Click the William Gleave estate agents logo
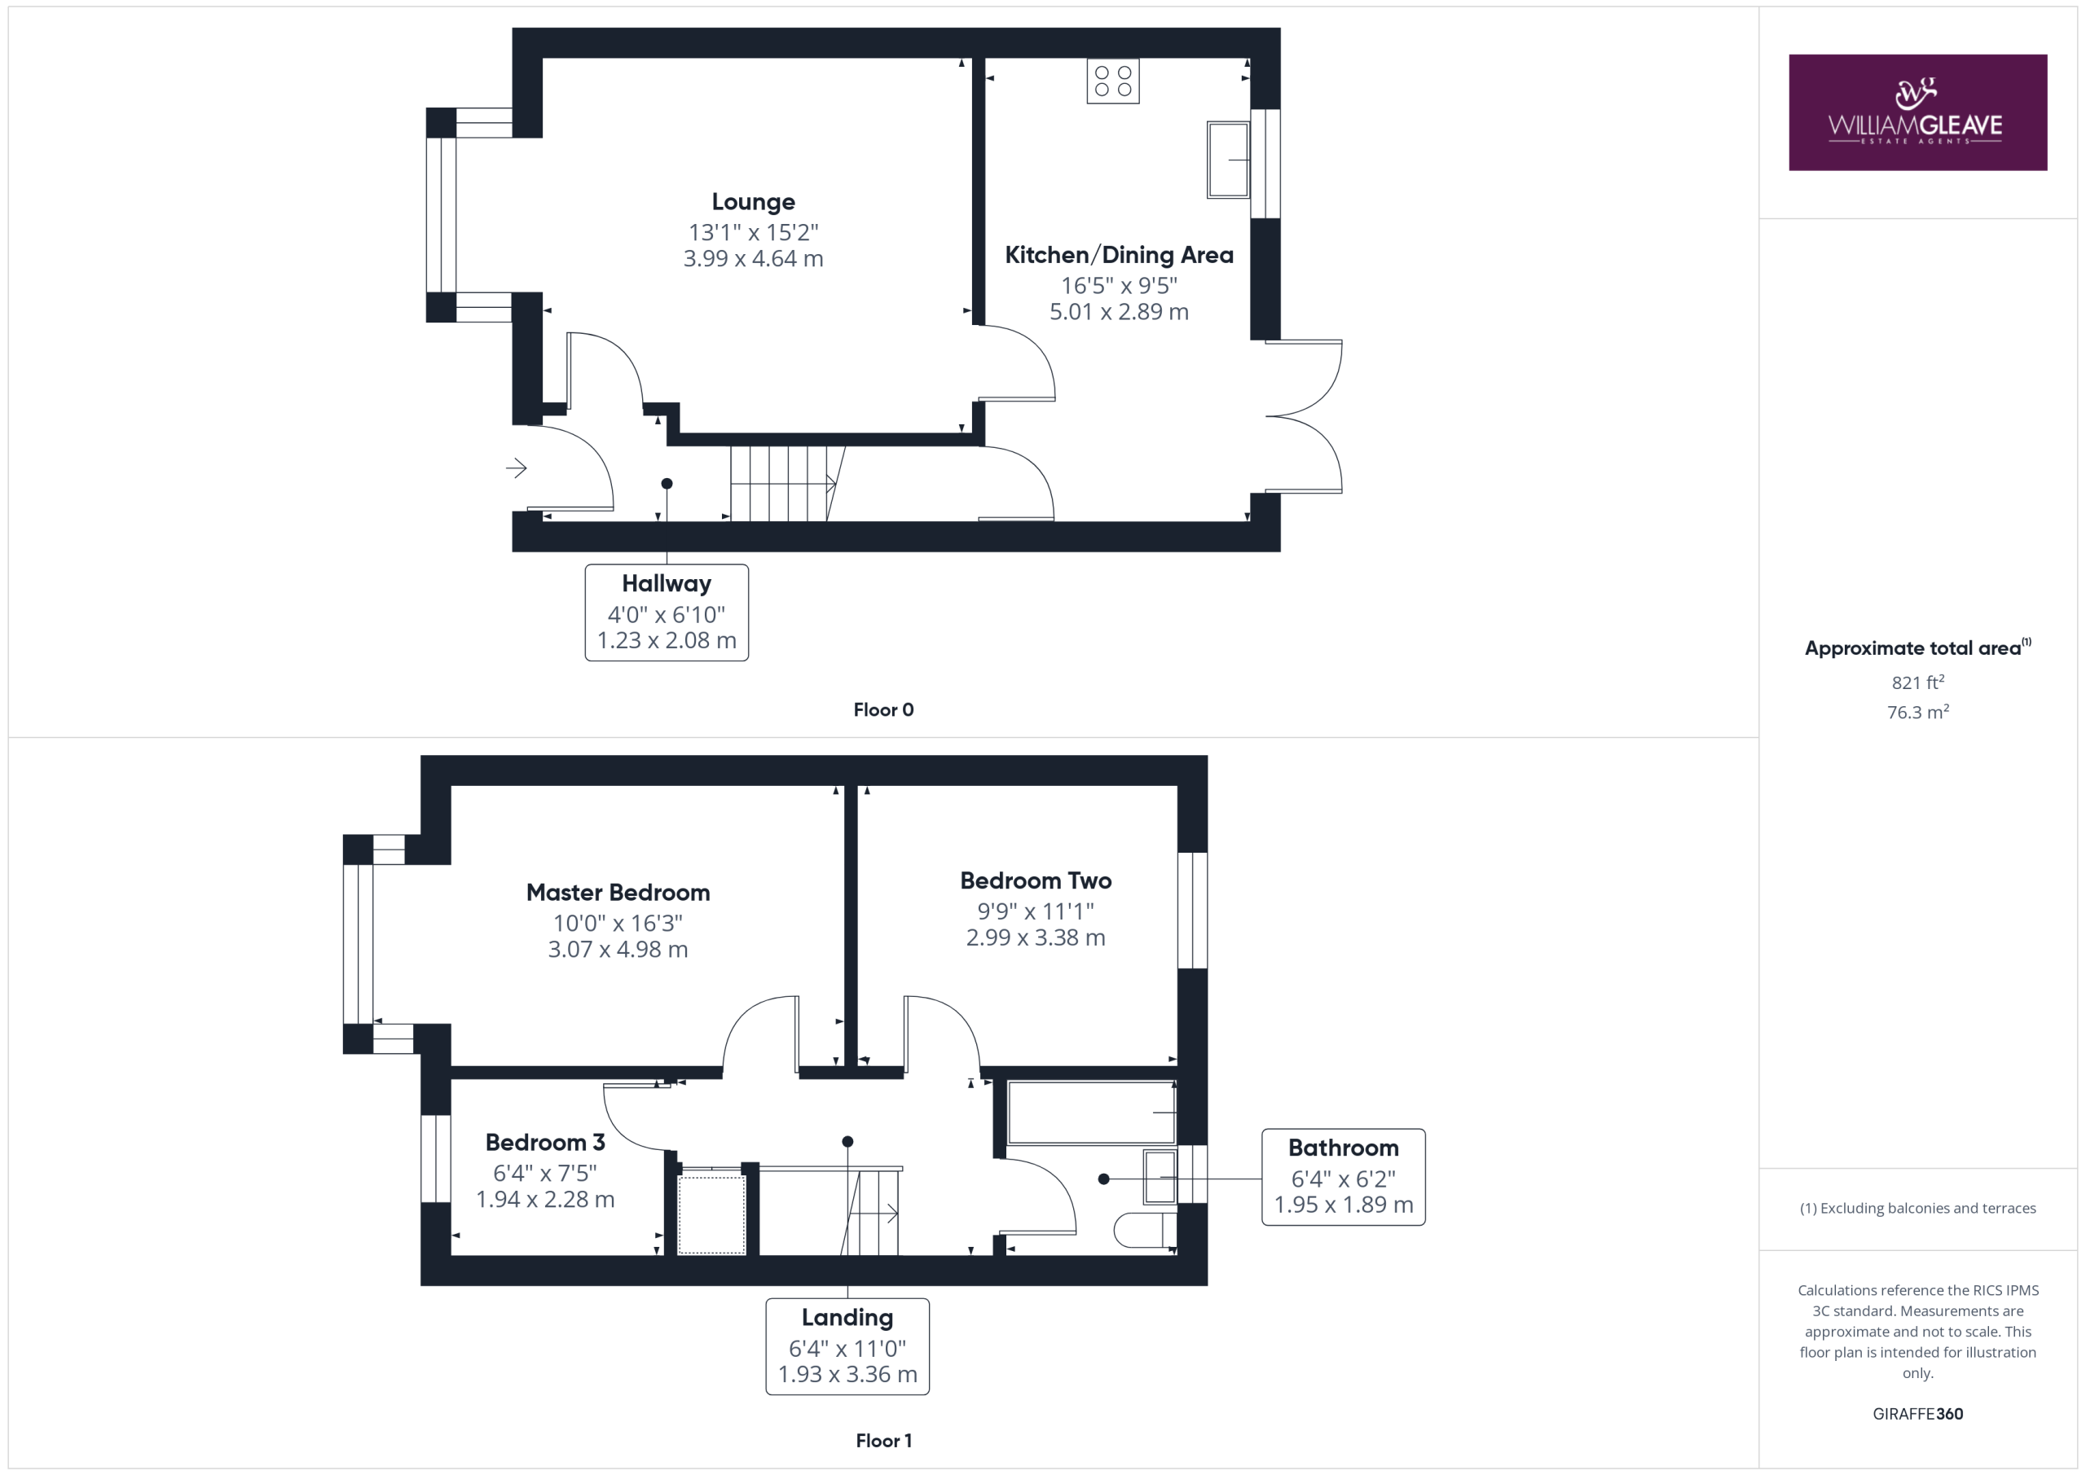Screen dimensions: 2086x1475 pyautogui.click(x=1917, y=112)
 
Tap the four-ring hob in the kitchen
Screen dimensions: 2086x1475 pyautogui.click(x=1113, y=81)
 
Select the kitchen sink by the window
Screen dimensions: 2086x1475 pyautogui.click(x=1228, y=159)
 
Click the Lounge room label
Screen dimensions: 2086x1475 pyautogui.click(x=753, y=202)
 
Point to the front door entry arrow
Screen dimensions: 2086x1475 pyautogui.click(x=516, y=468)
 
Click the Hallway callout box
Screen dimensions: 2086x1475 pyautogui.click(x=667, y=612)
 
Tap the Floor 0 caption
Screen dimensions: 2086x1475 pyautogui.click(x=883, y=710)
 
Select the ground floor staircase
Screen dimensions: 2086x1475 pyautogui.click(x=787, y=483)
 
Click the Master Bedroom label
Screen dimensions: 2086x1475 pyautogui.click(x=618, y=893)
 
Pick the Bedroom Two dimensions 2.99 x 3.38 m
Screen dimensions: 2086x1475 pyautogui.click(x=1036, y=937)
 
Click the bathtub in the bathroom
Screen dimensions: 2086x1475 pyautogui.click(x=1092, y=1112)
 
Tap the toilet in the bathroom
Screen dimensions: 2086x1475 pyautogui.click(x=1146, y=1231)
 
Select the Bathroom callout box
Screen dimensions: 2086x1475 pyautogui.click(x=1344, y=1177)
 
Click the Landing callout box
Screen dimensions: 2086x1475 pyautogui.click(x=847, y=1347)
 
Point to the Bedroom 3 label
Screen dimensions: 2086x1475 pyautogui.click(x=545, y=1143)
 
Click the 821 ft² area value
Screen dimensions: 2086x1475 pyautogui.click(x=1918, y=682)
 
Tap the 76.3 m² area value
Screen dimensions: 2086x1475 pyautogui.click(x=1918, y=712)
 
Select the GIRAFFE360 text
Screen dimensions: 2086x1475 pyautogui.click(x=1918, y=1414)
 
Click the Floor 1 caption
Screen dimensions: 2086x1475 pyautogui.click(x=884, y=1441)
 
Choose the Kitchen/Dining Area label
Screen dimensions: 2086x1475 pyautogui.click(x=1120, y=255)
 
